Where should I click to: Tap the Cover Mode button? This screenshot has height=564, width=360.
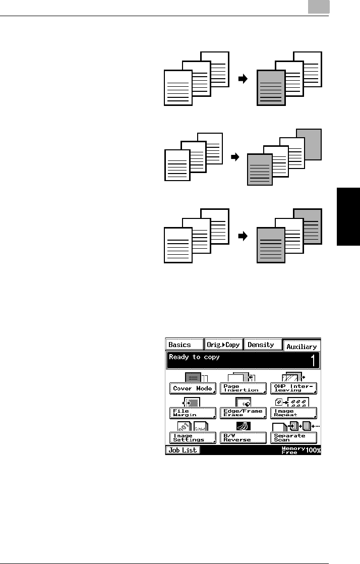pyautogui.click(x=193, y=388)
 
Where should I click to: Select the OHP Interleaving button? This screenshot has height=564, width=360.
pyautogui.click(x=293, y=388)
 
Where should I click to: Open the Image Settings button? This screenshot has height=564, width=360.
pyautogui.click(x=193, y=437)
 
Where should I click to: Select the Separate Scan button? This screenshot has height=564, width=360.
pyautogui.click(x=293, y=437)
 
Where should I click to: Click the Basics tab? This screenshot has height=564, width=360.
pyautogui.click(x=184, y=345)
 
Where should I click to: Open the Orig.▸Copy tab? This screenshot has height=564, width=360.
pyautogui.click(x=223, y=345)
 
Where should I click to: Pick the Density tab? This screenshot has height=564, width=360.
pyautogui.click(x=262, y=345)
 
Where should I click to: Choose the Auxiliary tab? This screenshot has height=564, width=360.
pyautogui.click(x=301, y=346)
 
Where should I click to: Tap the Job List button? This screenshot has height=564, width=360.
pyautogui.click(x=183, y=450)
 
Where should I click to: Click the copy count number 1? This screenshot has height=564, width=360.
pyautogui.click(x=313, y=361)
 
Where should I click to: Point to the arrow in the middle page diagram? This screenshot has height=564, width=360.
pyautogui.click(x=235, y=157)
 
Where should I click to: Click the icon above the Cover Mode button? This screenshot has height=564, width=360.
pyautogui.click(x=194, y=377)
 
